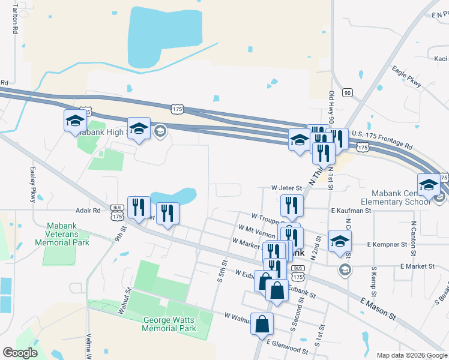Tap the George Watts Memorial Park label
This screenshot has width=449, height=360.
(x=169, y=324)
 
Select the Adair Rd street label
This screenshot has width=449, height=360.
(x=88, y=211)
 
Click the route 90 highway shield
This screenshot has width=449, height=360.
(x=347, y=92)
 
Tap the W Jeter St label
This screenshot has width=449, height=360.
(x=286, y=188)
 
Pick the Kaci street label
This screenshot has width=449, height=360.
(x=441, y=59)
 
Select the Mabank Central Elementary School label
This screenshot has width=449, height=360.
(x=401, y=197)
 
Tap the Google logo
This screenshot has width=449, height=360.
(x=20, y=353)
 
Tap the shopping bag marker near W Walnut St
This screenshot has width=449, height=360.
(x=262, y=324)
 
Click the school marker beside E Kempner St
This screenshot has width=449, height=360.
(x=340, y=240)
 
